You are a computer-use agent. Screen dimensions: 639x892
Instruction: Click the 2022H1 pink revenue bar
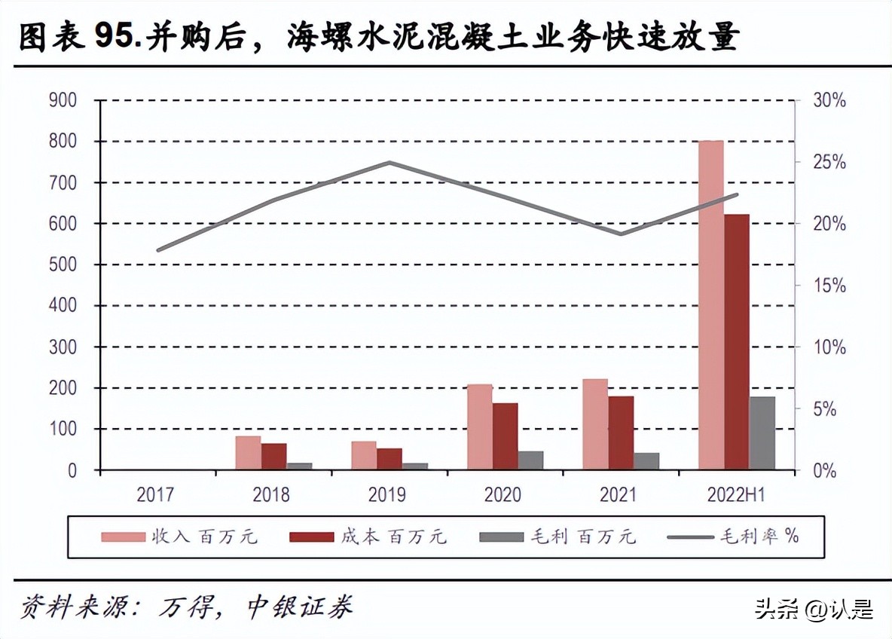(710, 305)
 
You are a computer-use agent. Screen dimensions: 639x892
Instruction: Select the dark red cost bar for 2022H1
(737, 342)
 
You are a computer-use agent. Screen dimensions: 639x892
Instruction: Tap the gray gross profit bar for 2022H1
(762, 433)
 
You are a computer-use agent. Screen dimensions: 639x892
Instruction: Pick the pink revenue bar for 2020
(479, 427)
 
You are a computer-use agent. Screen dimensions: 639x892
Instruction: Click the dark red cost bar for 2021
(621, 433)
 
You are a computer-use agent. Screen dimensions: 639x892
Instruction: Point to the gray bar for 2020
(530, 460)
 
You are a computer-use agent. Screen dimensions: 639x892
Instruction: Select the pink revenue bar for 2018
(248, 453)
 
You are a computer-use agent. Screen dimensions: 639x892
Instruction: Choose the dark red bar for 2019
(389, 459)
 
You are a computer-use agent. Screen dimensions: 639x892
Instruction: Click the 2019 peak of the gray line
(389, 162)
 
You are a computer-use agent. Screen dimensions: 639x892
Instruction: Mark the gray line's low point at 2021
(620, 234)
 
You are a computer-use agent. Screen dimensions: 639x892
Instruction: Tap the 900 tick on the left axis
(63, 100)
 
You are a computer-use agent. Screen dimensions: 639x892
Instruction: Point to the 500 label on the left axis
(63, 264)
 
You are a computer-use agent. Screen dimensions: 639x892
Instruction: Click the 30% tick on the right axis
(829, 100)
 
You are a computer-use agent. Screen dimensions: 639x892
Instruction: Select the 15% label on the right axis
(829, 286)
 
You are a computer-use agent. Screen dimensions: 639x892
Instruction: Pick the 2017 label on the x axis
(155, 495)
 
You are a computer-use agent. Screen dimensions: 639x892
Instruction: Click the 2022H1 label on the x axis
(736, 495)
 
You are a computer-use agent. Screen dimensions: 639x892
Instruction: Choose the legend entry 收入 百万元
(181, 537)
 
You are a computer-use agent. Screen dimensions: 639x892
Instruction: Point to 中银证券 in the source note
(300, 607)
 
